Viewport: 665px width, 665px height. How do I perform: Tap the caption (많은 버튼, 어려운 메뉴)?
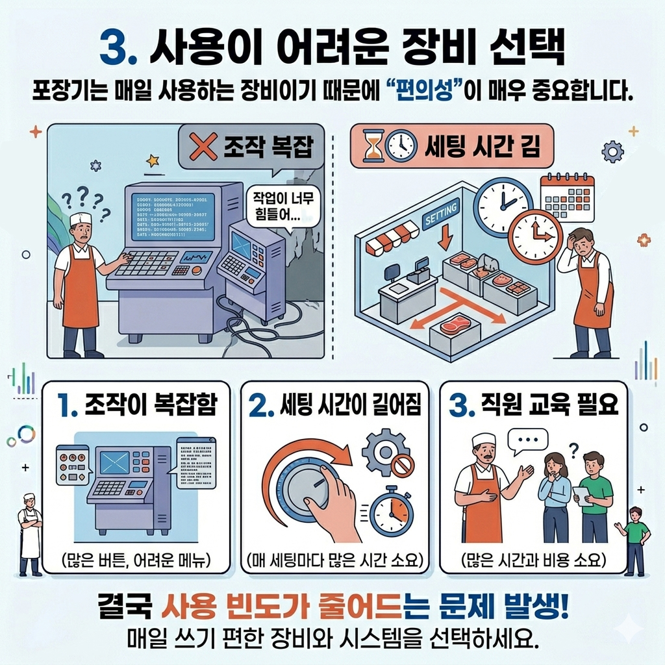click(136, 559)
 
